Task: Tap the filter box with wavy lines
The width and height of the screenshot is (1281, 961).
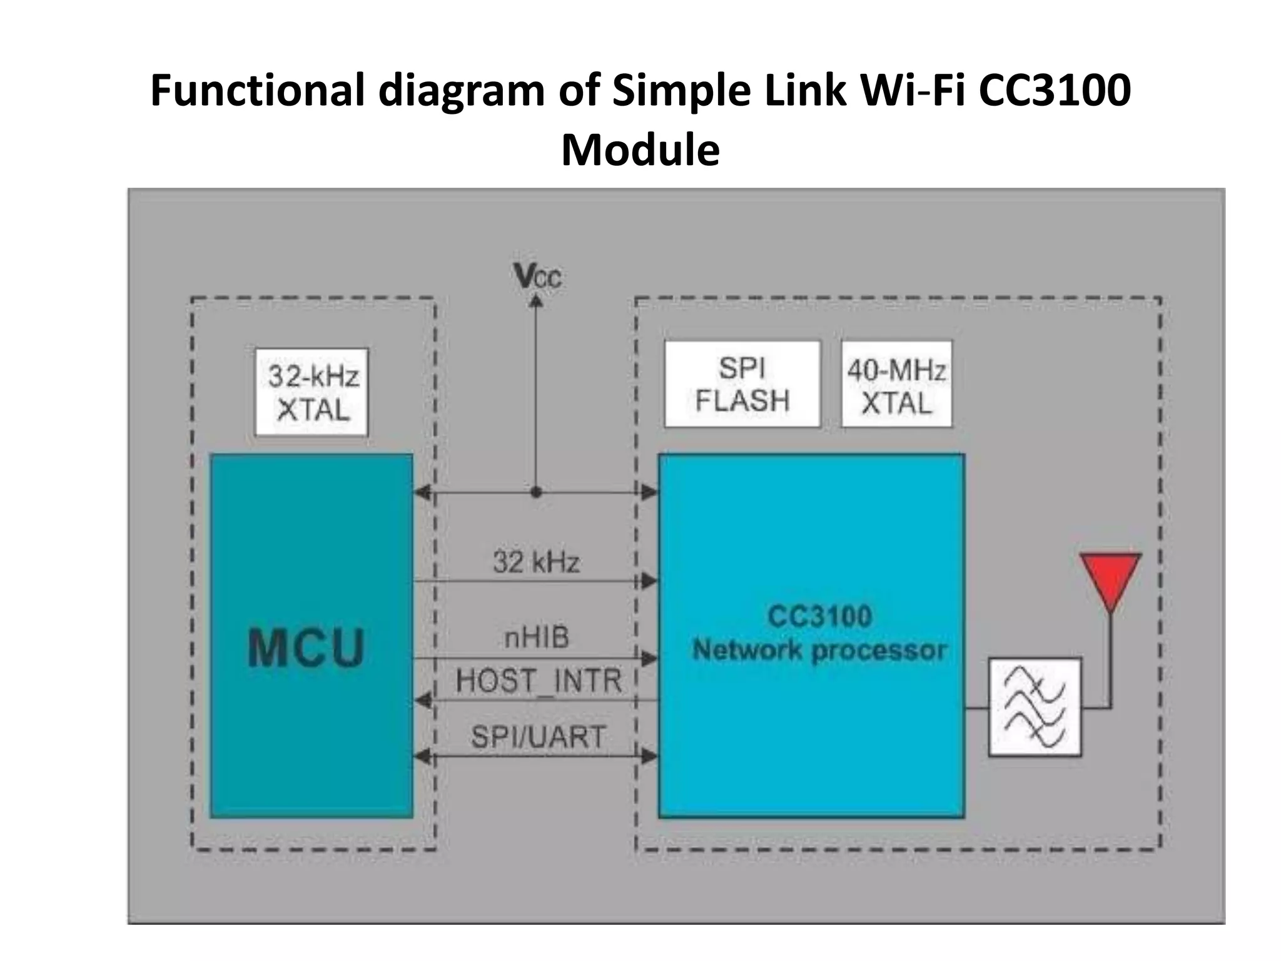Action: coord(1035,707)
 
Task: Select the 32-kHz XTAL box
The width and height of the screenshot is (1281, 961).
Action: coord(311,392)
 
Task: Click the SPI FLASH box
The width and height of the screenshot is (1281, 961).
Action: coord(742,384)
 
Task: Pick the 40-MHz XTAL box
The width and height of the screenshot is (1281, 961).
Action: coord(896,384)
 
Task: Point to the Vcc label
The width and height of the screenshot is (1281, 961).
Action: coord(537,276)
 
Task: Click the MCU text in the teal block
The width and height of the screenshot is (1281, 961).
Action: coord(306,648)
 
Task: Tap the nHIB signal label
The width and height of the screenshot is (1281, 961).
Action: coord(537,638)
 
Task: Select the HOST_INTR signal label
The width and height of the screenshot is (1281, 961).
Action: coord(538,680)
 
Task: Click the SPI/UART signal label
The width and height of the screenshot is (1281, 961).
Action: coord(538,736)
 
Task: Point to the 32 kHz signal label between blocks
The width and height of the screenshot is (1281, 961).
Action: coord(536,561)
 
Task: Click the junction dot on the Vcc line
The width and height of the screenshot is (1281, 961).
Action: coord(536,492)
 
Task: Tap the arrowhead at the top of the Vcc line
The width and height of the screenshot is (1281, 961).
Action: coord(536,302)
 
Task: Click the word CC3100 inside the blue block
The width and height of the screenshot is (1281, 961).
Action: coord(819,616)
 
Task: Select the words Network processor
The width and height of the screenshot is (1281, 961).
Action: coord(819,650)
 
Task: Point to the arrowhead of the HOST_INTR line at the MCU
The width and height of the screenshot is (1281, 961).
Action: coord(423,700)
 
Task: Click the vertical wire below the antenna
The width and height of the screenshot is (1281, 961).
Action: coord(1111,657)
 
